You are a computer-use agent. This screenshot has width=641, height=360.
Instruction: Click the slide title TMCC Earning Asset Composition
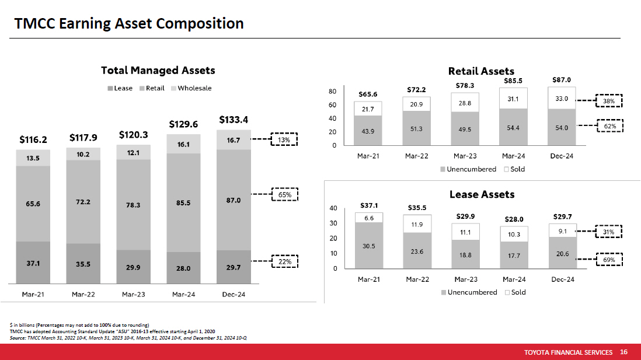click(x=129, y=23)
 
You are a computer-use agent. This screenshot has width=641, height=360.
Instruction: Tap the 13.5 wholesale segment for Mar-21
click(x=33, y=158)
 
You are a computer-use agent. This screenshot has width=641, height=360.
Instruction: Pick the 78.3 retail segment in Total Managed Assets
click(x=133, y=205)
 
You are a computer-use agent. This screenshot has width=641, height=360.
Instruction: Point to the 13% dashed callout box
click(x=284, y=140)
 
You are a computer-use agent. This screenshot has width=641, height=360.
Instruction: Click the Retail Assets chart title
click(x=481, y=71)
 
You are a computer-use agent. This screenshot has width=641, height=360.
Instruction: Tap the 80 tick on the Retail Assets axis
click(x=332, y=92)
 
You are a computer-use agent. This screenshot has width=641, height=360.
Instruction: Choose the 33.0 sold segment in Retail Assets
click(x=562, y=99)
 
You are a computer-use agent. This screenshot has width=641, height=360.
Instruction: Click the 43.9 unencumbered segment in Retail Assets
click(x=368, y=131)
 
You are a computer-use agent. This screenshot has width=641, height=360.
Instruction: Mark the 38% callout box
click(x=608, y=100)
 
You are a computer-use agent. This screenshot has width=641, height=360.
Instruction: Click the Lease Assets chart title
click(x=482, y=194)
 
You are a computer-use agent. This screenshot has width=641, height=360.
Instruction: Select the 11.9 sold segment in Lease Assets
click(x=417, y=225)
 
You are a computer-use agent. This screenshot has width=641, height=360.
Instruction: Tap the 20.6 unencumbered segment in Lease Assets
click(x=562, y=253)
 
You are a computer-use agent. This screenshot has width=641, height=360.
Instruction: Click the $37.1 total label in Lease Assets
click(x=368, y=205)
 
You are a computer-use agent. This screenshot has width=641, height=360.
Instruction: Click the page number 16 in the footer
click(x=623, y=352)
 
